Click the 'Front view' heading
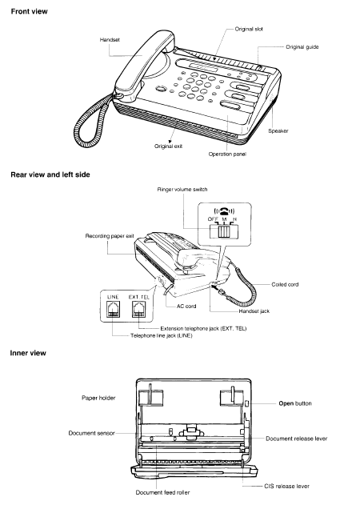pos(30,11)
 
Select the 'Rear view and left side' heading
pos(50,174)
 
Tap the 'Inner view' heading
pos(28,353)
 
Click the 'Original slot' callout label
pos(249,29)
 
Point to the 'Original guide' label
pos(302,47)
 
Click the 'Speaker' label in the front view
pos(278,131)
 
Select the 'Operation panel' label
pos(227,154)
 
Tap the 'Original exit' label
pos(168,146)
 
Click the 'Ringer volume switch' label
pos(182,190)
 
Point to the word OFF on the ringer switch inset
pos(213,219)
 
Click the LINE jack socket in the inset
pos(113,309)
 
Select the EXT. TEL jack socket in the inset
pos(138,309)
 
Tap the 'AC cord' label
pos(186,306)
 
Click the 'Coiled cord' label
pos(285,285)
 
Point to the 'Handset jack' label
pos(254,311)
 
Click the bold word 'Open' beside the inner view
pos(286,404)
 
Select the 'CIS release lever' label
pos(286,487)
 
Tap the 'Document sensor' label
pos(91,433)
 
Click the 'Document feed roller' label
pos(162,493)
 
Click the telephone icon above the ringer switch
pos(224,211)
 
